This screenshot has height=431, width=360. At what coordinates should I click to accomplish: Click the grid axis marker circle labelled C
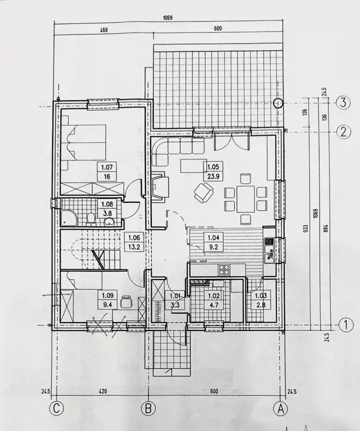pyautogui.click(x=57, y=408)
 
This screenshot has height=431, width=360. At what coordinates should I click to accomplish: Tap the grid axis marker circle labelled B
pyautogui.click(x=148, y=408)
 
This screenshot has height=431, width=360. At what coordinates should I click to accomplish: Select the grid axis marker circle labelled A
pyautogui.click(x=280, y=408)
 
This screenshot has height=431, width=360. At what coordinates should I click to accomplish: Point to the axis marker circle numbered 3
pyautogui.click(x=343, y=103)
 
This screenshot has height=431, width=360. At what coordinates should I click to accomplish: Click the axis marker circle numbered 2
pyautogui.click(x=343, y=132)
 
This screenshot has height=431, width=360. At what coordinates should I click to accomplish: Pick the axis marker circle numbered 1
pyautogui.click(x=346, y=325)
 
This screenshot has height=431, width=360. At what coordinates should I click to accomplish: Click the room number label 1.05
pyautogui.click(x=213, y=167)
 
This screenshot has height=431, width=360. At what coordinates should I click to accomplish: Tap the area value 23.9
pyautogui.click(x=213, y=176)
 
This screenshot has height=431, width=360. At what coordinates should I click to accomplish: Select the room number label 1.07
pyautogui.click(x=107, y=167)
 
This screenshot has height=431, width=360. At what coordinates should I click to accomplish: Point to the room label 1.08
pyautogui.click(x=107, y=204)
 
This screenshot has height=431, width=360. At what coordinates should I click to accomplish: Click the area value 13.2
pyautogui.click(x=134, y=247)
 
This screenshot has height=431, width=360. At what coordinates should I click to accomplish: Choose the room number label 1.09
pyautogui.click(x=108, y=296)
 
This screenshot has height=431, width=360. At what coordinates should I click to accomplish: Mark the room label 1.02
pyautogui.click(x=213, y=296)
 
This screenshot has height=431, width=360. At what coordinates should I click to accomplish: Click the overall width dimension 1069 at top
pyautogui.click(x=167, y=18)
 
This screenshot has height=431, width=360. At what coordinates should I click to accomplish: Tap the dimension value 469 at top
pyautogui.click(x=103, y=30)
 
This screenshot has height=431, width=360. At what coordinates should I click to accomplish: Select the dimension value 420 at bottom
pyautogui.click(x=103, y=391)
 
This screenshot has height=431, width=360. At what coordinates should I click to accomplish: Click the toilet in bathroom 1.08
pyautogui.click(x=90, y=219)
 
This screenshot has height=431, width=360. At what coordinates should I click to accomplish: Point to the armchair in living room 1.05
pyautogui.click(x=204, y=192)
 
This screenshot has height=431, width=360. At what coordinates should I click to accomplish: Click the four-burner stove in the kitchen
pyautogui.click(x=224, y=269)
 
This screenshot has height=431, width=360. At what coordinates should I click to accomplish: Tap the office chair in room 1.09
pyautogui.click(x=126, y=302)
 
